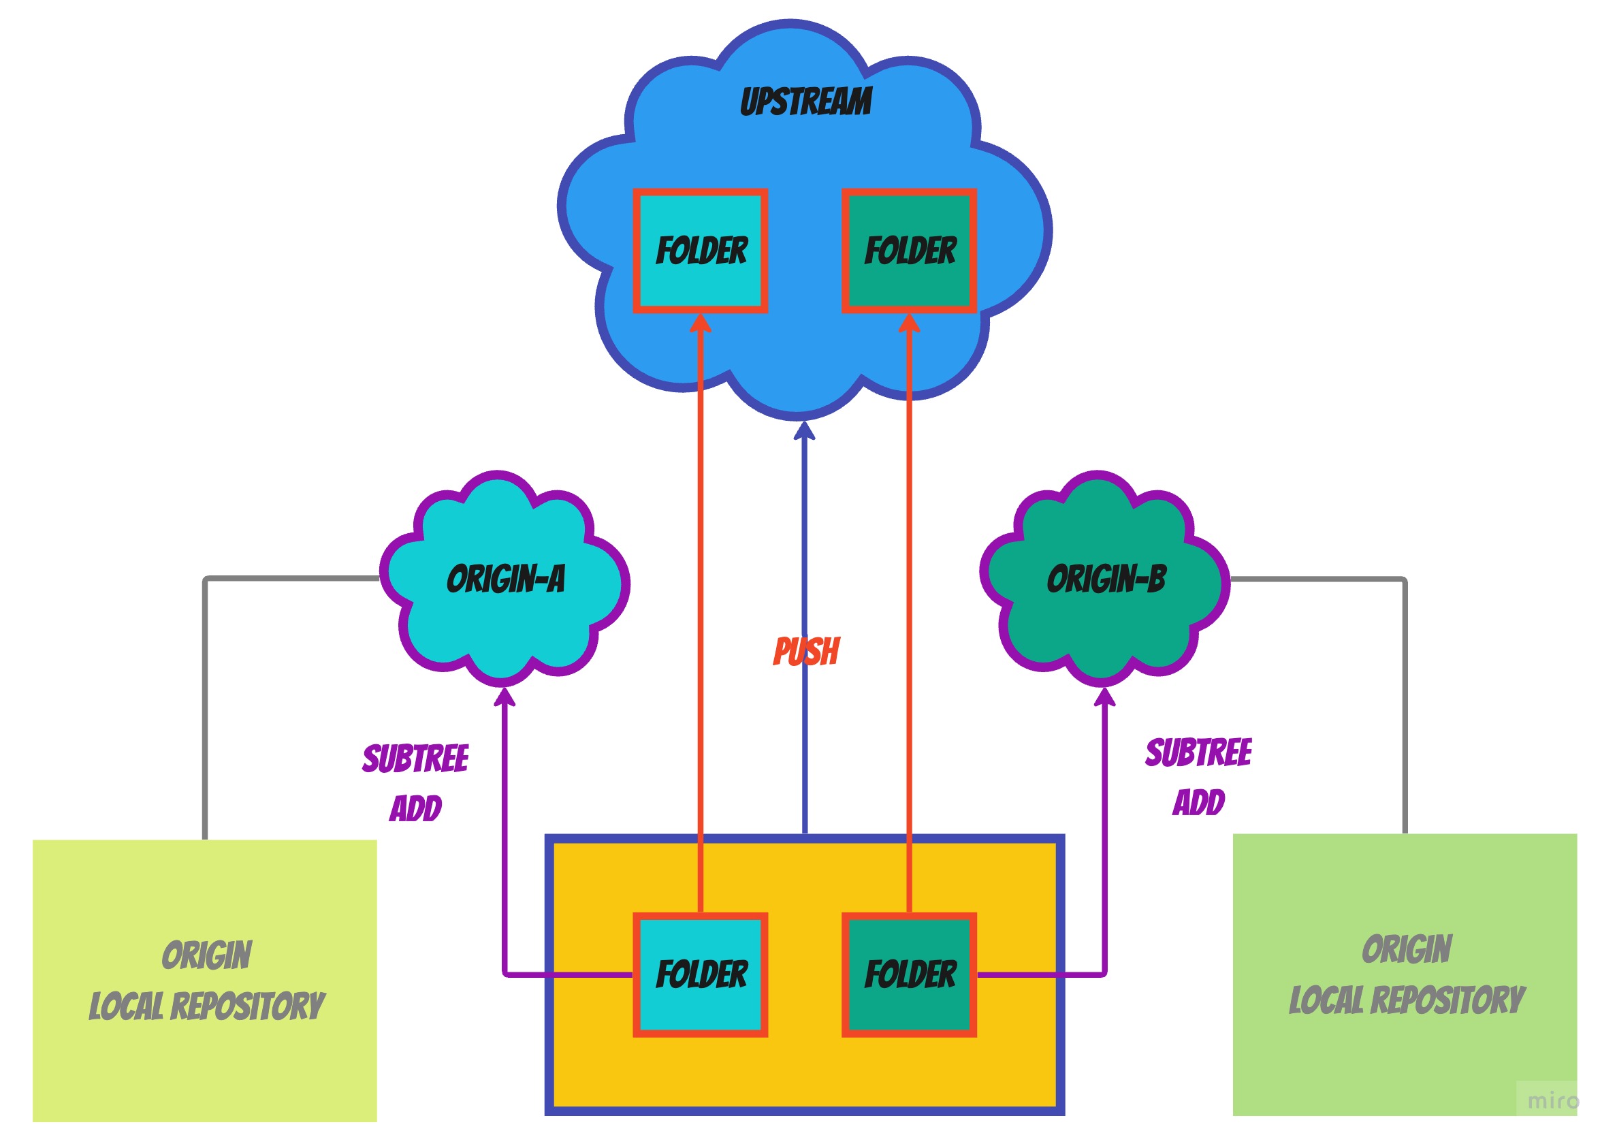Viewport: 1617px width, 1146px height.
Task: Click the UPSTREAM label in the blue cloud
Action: tap(805, 101)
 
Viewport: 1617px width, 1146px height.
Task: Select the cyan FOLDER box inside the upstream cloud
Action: tap(700, 251)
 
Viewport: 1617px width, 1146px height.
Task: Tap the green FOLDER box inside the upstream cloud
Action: tap(909, 251)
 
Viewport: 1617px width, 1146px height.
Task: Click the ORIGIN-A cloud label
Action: tap(505, 579)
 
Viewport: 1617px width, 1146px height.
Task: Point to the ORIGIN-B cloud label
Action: tap(1106, 579)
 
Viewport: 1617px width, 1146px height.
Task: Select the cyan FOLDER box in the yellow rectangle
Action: tap(700, 974)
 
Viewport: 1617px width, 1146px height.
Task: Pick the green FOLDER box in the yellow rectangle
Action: tap(909, 974)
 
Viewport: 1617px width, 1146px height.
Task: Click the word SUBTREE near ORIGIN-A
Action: tap(415, 759)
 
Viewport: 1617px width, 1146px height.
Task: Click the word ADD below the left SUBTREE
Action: tap(415, 809)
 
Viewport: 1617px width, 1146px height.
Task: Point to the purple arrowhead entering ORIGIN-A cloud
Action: tap(504, 697)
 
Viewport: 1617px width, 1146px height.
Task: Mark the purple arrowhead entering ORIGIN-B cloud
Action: tap(1104, 697)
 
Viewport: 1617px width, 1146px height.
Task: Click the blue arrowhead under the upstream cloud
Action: tap(804, 430)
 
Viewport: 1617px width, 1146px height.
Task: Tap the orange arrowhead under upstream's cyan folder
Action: tap(700, 323)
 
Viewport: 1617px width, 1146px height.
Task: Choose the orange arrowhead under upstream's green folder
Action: tap(909, 323)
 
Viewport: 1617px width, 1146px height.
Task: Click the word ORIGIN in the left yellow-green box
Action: tap(206, 955)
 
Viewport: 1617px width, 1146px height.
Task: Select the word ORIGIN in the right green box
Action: tap(1406, 949)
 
